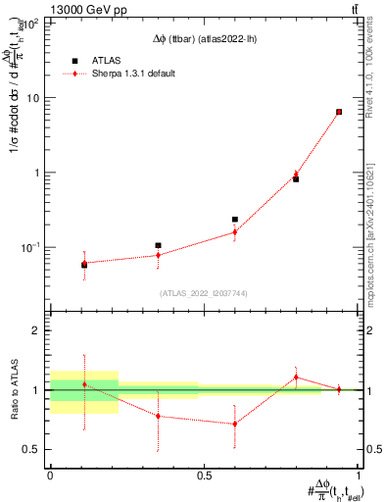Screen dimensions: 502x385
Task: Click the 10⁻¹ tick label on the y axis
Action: pyautogui.click(x=33, y=247)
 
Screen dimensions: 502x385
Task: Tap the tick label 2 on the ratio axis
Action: pyautogui.click(x=40, y=331)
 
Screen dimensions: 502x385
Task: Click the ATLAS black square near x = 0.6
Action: pyautogui.click(x=235, y=220)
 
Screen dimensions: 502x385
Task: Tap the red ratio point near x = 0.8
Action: pyautogui.click(x=296, y=377)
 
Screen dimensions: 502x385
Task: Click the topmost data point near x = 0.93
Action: pyautogui.click(x=339, y=112)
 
